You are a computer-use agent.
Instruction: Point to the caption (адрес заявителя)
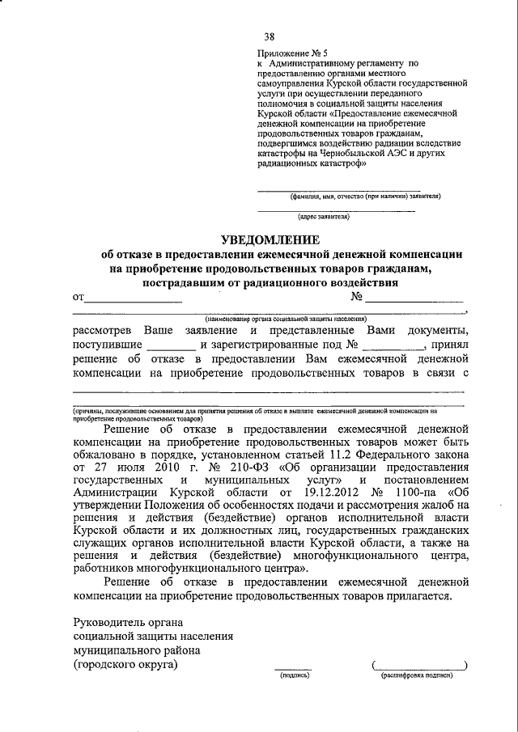(323, 217)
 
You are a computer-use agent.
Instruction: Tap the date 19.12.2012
(330, 495)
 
